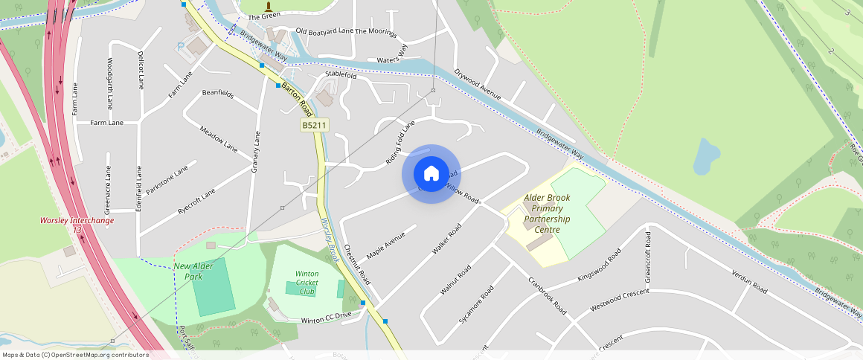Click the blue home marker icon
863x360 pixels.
point(431,174)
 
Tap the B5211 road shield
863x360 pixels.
point(315,126)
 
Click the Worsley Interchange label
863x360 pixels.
point(77,221)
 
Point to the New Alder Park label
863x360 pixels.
point(188,271)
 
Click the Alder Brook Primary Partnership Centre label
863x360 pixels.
point(547,214)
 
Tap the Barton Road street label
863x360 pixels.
point(295,99)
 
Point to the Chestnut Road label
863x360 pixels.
point(357,265)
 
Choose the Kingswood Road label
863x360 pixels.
point(599,266)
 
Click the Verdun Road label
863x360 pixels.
point(748,281)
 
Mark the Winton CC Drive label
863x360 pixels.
point(325,318)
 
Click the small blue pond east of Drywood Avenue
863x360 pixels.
point(705,155)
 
